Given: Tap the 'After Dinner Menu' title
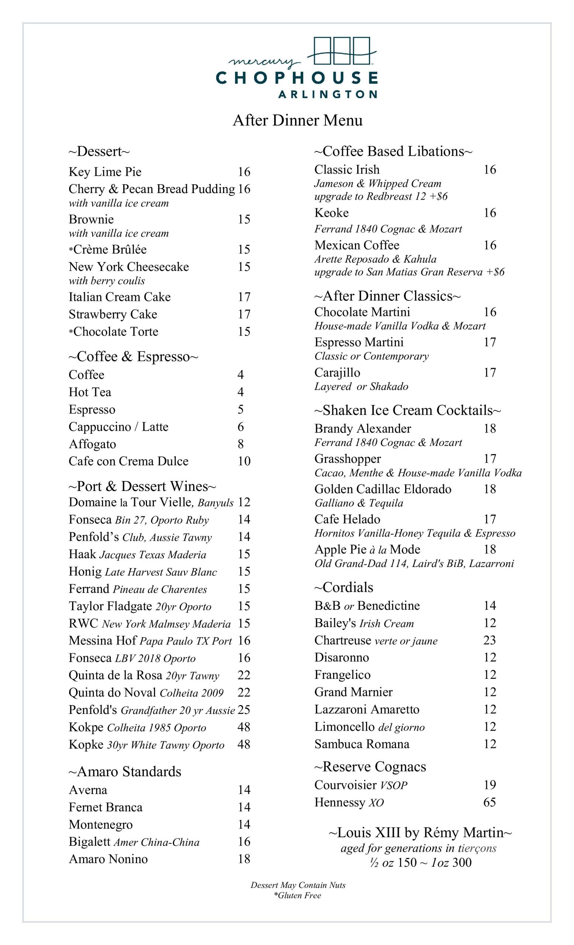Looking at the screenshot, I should (x=297, y=120).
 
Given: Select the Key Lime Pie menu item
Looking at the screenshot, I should (x=105, y=172).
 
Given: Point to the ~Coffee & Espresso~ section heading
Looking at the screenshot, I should (x=133, y=357).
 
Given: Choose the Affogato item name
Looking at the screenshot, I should (x=92, y=444).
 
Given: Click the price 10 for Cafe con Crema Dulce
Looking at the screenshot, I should (x=244, y=461).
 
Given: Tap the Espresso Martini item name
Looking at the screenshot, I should (x=359, y=342).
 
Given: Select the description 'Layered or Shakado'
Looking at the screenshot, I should (x=361, y=386).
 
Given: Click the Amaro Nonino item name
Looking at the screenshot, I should (x=108, y=859).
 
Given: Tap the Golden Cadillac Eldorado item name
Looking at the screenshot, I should (x=383, y=489).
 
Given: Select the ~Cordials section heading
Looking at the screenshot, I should (x=344, y=588).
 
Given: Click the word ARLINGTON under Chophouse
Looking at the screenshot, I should (x=327, y=94).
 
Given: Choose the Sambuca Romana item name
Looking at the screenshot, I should (x=362, y=744).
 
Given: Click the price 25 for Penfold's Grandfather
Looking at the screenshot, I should (x=244, y=710).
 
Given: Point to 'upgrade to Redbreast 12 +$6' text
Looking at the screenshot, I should (x=380, y=196).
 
